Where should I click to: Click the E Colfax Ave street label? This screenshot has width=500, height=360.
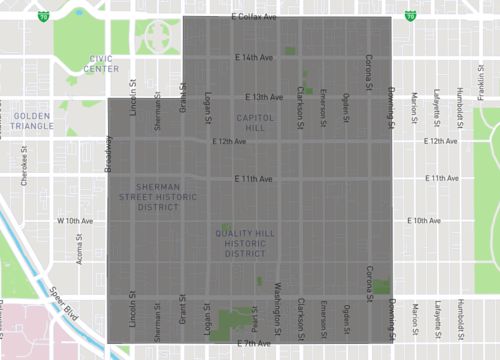pyautogui.click(x=253, y=18)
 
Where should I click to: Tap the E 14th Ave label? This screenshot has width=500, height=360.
pyautogui.click(x=252, y=57)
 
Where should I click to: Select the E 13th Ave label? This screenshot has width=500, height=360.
pyautogui.click(x=265, y=97)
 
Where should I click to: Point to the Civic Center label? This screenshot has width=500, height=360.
pyautogui.click(x=102, y=63)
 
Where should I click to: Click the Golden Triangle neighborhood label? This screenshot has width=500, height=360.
pyautogui.click(x=32, y=121)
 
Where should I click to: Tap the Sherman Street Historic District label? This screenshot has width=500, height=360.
pyautogui.click(x=162, y=197)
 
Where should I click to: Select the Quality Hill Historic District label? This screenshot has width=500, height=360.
pyautogui.click(x=245, y=243)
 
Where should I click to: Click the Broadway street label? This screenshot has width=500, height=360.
pyautogui.click(x=108, y=154)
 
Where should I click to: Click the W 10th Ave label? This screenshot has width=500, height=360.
pyautogui.click(x=75, y=220)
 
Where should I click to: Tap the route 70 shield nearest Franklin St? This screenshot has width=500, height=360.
pyautogui.click(x=411, y=16)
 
